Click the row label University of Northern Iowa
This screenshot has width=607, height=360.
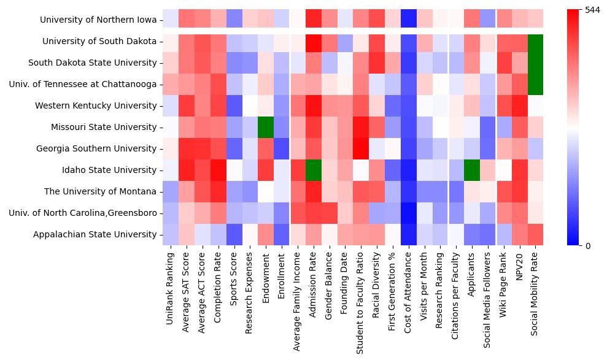point(98,20)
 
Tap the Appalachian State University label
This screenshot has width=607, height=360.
point(95,234)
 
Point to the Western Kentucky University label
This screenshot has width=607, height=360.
point(96,105)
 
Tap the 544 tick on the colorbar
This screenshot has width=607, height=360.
point(592,10)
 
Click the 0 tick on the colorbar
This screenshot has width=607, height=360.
point(588,246)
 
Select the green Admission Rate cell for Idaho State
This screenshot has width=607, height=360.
point(313,170)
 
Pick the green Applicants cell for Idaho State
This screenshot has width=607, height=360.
point(472,170)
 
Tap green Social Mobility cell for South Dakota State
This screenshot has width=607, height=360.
point(536,63)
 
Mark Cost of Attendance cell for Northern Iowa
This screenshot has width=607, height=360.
point(408,20)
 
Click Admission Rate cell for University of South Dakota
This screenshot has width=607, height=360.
point(313,41)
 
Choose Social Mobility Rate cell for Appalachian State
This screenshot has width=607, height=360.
point(536,234)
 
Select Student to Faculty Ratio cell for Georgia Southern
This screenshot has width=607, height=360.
point(360,148)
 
